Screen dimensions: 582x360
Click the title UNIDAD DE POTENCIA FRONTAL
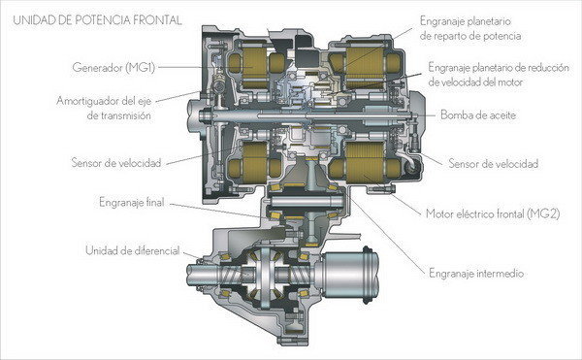click(97, 19)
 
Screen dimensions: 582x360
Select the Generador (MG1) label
click(113, 68)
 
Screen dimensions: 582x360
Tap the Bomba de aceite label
click(478, 115)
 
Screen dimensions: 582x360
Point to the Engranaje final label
click(132, 202)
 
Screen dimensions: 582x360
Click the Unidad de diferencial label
click(133, 250)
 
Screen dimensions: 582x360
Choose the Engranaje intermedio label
click(476, 274)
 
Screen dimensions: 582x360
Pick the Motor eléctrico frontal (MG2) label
click(493, 213)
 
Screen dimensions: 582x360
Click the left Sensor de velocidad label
click(116, 163)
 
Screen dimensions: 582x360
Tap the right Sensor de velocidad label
click(494, 163)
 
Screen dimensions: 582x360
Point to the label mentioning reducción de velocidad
click(499, 75)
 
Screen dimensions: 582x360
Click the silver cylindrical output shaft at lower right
click(350, 275)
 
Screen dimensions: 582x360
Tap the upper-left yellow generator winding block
click(254, 65)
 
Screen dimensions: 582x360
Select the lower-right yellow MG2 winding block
click(366, 162)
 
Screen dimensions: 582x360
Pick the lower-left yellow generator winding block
click(254, 163)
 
